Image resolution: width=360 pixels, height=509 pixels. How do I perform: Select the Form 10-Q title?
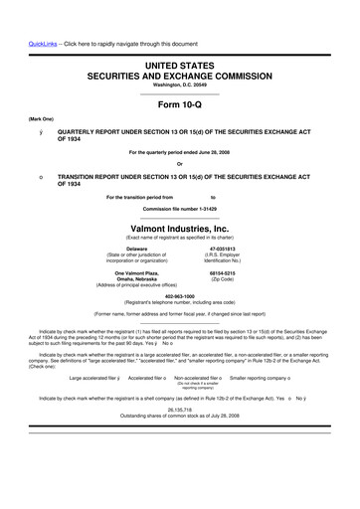179,104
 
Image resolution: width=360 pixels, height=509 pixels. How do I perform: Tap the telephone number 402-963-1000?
179,295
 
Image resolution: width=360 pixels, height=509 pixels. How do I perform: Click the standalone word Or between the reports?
179,164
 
